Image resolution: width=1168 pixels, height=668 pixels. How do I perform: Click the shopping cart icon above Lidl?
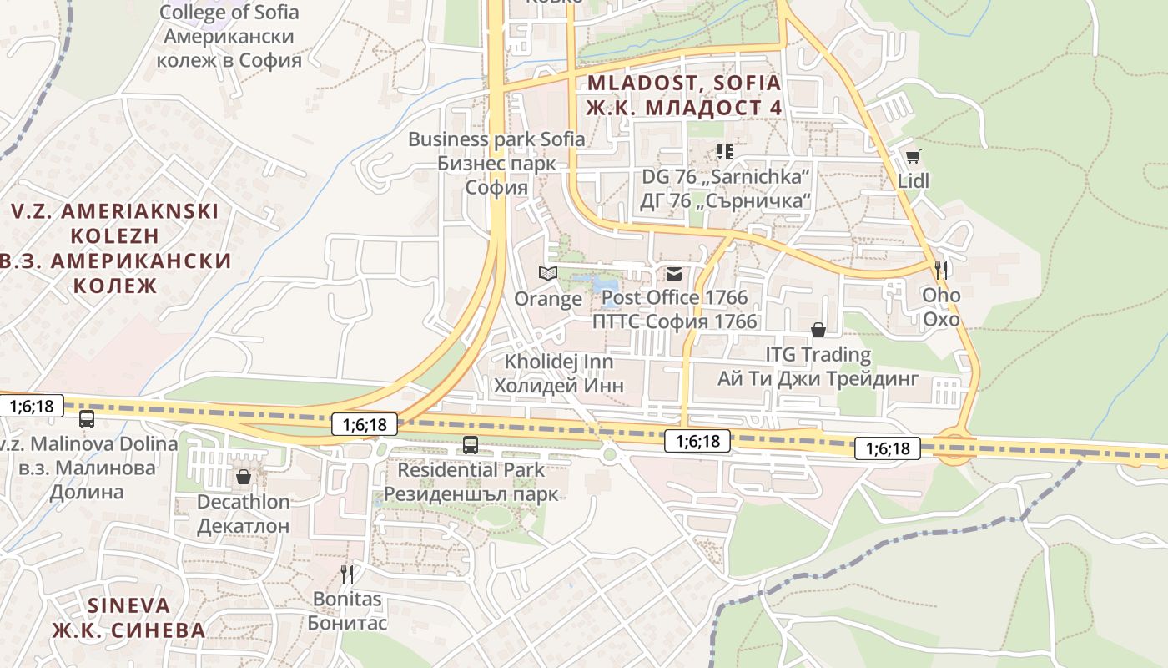pos(914,156)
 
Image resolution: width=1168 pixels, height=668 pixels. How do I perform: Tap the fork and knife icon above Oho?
pos(941,270)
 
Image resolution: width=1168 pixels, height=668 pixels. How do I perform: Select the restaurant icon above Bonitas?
pos(347,574)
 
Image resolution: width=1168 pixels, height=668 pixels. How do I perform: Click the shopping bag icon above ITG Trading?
pos(818,330)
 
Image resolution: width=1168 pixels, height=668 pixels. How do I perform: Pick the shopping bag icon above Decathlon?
pos(243,477)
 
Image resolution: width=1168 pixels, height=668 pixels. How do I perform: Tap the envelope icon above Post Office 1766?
pos(673,273)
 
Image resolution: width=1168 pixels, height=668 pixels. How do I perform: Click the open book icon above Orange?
pos(547,273)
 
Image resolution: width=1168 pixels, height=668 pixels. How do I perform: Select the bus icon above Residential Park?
pos(471,445)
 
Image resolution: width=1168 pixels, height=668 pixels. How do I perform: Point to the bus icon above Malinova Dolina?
pos(87,419)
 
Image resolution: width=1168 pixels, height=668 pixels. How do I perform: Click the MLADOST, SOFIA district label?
pos(684,83)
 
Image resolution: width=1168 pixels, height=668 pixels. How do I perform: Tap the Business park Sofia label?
pos(496,139)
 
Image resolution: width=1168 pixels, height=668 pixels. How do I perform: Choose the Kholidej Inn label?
pos(558,362)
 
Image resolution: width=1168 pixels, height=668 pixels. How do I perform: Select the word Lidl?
pos(914,181)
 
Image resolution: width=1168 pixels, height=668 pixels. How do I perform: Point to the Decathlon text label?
pos(243,502)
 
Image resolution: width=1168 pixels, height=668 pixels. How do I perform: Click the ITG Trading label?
pos(818,355)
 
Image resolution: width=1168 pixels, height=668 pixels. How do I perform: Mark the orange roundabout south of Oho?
pos(954,448)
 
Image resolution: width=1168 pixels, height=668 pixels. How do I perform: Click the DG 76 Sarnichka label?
pos(726,177)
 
